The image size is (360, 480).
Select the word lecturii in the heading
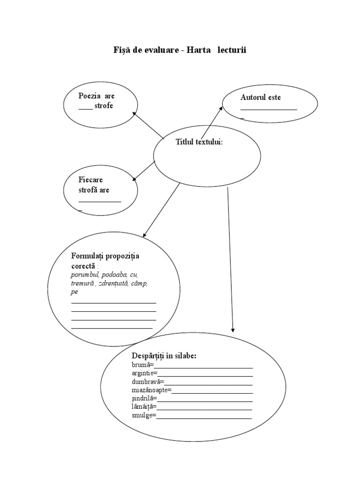tap(231, 50)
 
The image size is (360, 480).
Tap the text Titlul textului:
tap(199, 142)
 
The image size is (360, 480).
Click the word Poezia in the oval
tap(90, 96)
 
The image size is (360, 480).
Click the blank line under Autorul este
tap(269, 109)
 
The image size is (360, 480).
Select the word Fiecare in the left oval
tap(90, 180)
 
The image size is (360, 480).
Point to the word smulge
tap(142, 415)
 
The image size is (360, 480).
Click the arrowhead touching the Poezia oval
tap(135, 114)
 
